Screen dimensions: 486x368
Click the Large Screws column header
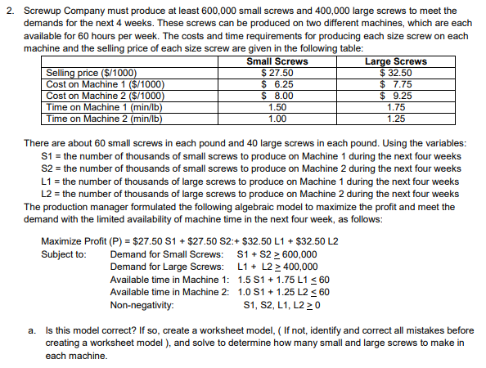[x=395, y=62]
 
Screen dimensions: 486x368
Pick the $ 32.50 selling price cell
[x=395, y=73]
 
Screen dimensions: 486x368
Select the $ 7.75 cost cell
[x=395, y=83]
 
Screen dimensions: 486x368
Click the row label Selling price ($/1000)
[x=92, y=73]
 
